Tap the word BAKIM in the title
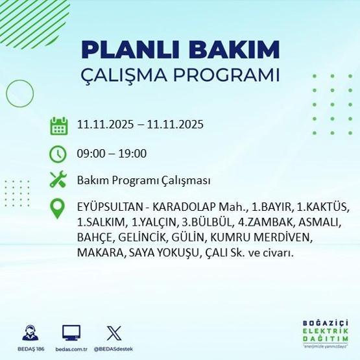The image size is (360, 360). (236, 50)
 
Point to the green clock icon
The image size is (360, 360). (59, 154)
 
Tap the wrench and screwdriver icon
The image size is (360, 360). (59, 180)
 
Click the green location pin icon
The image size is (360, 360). (59, 209)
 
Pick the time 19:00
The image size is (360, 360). (134, 154)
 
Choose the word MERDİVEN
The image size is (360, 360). (285, 237)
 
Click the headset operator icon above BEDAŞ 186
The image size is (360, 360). (29, 334)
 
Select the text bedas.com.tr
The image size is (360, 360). (71, 348)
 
